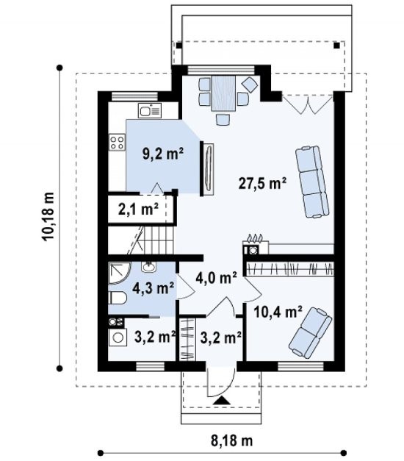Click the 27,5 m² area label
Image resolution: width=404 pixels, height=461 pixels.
[262, 184]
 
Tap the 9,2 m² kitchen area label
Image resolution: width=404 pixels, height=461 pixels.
[163, 154]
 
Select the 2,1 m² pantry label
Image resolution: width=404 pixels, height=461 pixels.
[138, 210]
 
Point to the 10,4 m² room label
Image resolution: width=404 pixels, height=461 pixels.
[278, 312]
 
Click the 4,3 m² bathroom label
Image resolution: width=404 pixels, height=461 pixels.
[153, 288]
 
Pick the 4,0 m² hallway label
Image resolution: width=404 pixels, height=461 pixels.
[216, 277]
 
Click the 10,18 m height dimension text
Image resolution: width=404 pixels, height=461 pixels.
[48, 217]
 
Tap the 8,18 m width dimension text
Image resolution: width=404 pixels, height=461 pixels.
[232, 440]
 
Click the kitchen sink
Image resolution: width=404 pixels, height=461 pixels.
[150, 110]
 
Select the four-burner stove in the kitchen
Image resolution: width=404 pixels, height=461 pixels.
[117, 143]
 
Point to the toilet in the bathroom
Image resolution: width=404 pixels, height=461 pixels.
[118, 298]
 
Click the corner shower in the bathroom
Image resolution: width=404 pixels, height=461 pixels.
[119, 274]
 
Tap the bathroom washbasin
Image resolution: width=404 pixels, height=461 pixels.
[149, 267]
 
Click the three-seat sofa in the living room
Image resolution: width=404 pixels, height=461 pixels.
[312, 182]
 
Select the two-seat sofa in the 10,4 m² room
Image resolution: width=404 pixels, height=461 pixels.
[310, 333]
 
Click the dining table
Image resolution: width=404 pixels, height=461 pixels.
[223, 93]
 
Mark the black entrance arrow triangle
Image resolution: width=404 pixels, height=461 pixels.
[222, 401]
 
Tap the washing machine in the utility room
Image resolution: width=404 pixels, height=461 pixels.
[118, 337]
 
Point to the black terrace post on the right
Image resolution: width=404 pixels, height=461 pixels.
[336, 46]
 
